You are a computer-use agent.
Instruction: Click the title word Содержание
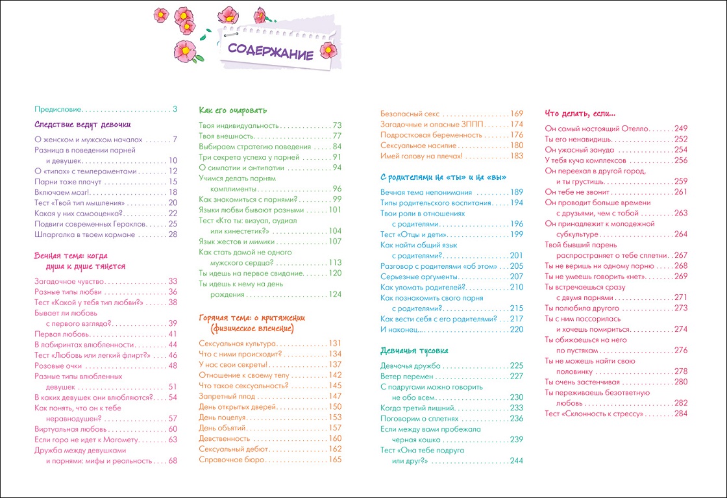click(x=271, y=53)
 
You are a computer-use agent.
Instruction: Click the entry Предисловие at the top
click(x=58, y=109)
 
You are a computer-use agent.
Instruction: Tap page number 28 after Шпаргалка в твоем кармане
click(x=172, y=234)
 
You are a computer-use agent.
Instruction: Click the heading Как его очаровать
click(x=233, y=110)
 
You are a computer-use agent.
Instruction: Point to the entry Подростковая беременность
click(x=431, y=135)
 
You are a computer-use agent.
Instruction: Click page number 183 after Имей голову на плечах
click(x=516, y=156)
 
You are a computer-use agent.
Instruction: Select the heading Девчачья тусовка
click(x=414, y=351)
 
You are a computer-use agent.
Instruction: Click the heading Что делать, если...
click(x=580, y=113)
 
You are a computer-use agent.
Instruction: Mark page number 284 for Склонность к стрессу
click(x=680, y=414)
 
